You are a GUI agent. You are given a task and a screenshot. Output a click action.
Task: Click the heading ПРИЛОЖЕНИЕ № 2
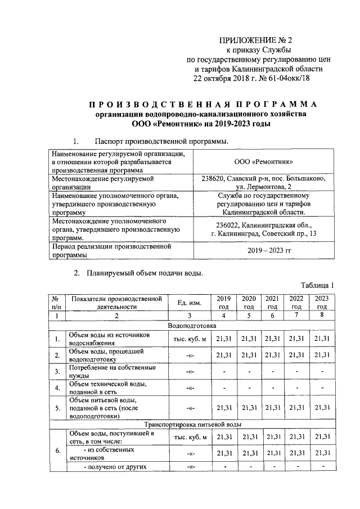pos(259,40)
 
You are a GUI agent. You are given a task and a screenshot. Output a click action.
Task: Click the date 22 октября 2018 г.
pos(221,78)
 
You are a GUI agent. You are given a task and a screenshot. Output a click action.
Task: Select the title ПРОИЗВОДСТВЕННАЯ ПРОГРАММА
pos(202,105)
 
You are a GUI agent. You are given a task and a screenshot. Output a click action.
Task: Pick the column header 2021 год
pos(272,302)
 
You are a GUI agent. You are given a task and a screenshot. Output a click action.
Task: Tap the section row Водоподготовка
pos(192,326)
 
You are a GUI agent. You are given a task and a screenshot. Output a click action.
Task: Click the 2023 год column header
pos(322,302)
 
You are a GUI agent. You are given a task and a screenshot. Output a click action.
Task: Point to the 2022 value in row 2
pos(296,355)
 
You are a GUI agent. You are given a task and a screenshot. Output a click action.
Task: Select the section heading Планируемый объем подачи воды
pos(145,274)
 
